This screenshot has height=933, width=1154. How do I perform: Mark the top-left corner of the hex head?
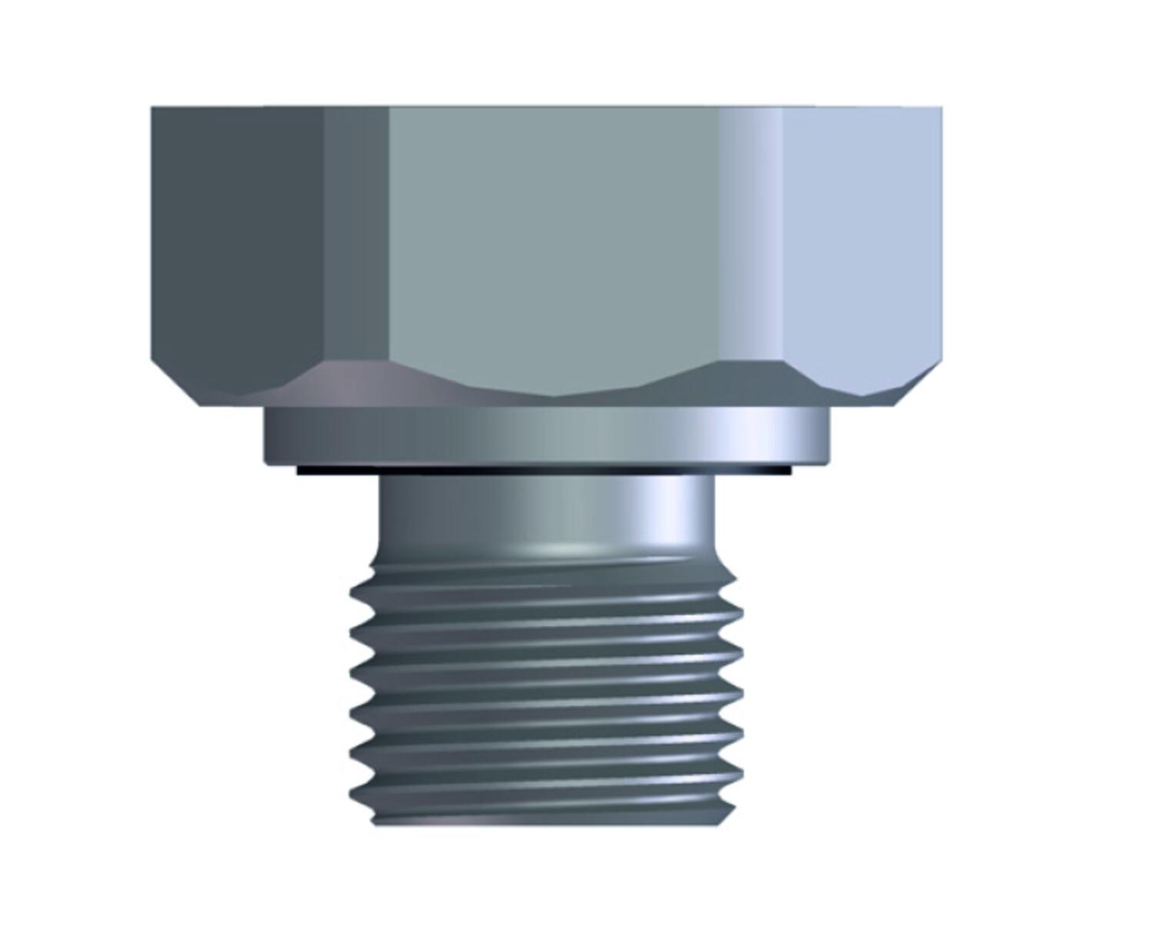(x=153, y=109)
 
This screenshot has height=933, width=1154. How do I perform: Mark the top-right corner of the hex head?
(x=939, y=109)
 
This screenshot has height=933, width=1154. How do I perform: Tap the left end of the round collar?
(x=267, y=436)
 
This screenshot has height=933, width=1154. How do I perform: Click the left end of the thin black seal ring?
(x=301, y=469)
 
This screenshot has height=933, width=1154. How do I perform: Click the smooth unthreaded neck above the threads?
(x=546, y=511)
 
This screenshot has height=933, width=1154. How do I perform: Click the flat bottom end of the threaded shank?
(x=546, y=824)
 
